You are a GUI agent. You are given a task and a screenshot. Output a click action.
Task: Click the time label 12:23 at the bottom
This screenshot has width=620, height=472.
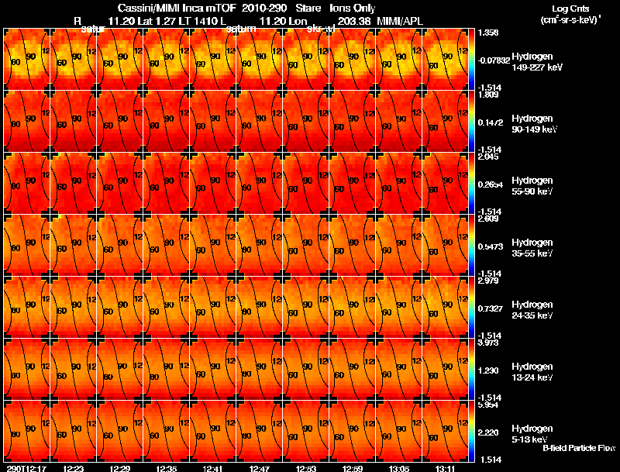click(x=74, y=468)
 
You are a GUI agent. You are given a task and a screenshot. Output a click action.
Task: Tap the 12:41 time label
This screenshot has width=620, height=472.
click(x=213, y=468)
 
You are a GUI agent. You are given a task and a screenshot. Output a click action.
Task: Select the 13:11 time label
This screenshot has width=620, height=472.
click(x=446, y=468)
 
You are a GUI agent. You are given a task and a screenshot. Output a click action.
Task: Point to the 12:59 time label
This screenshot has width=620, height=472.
click(x=353, y=468)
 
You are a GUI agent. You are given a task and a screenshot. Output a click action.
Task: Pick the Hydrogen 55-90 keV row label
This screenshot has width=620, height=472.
click(x=532, y=185)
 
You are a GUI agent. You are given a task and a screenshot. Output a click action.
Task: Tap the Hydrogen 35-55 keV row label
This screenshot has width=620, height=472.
click(x=532, y=247)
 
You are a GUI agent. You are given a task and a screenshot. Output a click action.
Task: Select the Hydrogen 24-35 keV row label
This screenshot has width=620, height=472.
click(x=532, y=309)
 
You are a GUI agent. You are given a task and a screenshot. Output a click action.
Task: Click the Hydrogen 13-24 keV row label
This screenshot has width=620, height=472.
click(x=532, y=371)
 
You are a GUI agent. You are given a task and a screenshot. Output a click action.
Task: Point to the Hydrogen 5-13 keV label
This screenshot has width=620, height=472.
click(x=531, y=433)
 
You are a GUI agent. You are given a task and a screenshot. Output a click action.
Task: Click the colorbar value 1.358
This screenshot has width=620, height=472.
click(x=489, y=33)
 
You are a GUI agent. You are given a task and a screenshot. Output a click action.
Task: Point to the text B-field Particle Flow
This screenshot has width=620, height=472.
click(x=578, y=448)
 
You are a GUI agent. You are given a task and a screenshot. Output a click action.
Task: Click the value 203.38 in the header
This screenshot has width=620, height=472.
click(x=354, y=20)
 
